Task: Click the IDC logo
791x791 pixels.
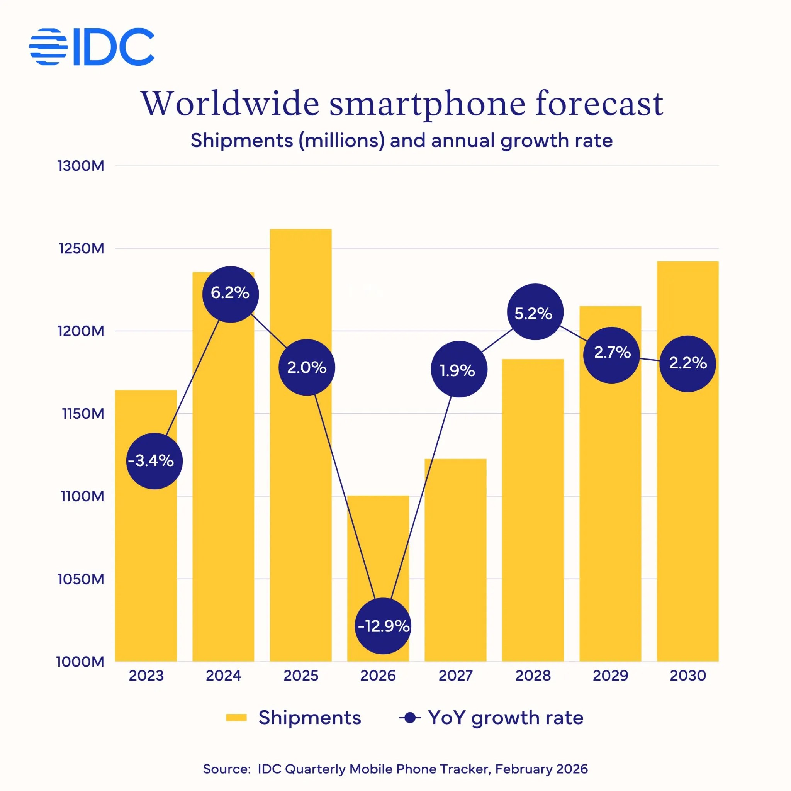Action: pos(92,47)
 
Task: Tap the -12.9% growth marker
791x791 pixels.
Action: pos(383,626)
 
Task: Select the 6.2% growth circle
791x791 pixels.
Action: pos(231,294)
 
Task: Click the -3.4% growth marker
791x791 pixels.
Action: pos(154,461)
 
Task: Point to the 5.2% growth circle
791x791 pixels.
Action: pos(535,312)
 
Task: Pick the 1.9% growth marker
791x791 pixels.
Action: pos(458,369)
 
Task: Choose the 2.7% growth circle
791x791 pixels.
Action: pos(611,355)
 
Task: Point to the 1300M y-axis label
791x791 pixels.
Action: pos(81,166)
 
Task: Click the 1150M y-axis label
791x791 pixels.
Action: pos(83,414)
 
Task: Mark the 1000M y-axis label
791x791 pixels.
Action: pos(80,662)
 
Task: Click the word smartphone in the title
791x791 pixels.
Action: pos(427,104)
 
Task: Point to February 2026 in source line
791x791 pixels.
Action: pos(541,769)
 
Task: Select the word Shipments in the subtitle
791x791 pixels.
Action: pos(241,141)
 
